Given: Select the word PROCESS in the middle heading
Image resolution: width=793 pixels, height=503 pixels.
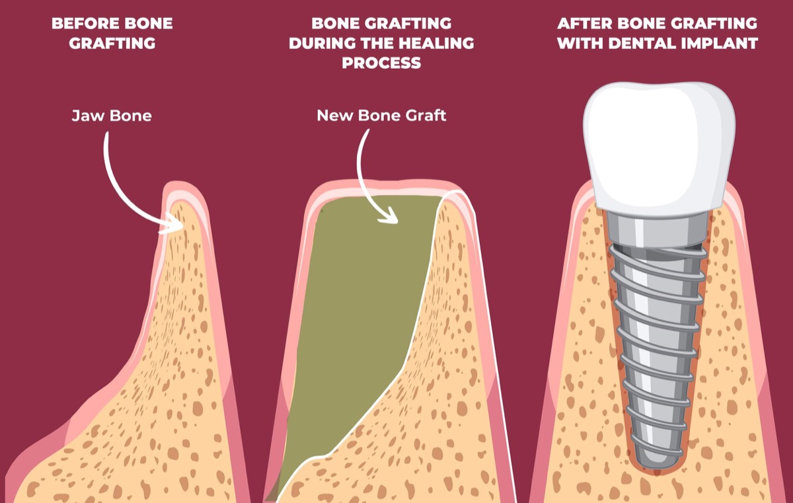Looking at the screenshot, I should pos(383,63).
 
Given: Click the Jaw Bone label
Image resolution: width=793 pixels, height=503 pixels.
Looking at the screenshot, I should pos(112,116).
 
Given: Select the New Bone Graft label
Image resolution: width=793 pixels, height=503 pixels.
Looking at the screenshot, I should pos(381,116).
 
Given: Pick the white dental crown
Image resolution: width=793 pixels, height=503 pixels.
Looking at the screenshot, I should pos(659,142).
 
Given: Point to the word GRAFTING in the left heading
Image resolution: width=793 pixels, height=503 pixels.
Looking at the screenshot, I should pos(112,44).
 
